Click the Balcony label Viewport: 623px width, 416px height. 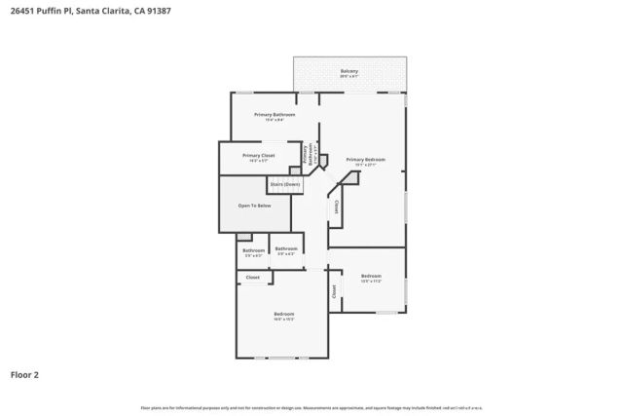(x=348, y=71)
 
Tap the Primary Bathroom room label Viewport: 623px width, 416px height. (x=275, y=115)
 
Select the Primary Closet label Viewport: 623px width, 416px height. (x=258, y=155)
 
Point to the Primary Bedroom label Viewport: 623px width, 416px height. (x=365, y=159)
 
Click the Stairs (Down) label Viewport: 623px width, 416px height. (x=284, y=183)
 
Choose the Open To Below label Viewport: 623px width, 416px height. (x=255, y=206)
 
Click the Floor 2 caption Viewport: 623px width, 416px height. (x=25, y=373)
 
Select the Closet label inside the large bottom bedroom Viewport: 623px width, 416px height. (x=252, y=278)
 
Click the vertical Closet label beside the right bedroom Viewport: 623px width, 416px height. (x=335, y=291)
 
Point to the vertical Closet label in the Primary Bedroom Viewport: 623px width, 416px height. (x=336, y=208)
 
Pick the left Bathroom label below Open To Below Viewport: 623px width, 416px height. (x=253, y=250)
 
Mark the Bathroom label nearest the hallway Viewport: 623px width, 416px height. (x=285, y=248)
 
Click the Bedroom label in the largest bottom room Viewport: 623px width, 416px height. (x=283, y=313)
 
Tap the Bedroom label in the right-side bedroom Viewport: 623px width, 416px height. (x=371, y=276)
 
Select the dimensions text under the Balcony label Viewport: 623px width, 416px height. (x=348, y=77)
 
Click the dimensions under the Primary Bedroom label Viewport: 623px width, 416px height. (x=365, y=165)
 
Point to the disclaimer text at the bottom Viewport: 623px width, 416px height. (x=311, y=406)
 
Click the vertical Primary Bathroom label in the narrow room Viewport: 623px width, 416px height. (x=305, y=156)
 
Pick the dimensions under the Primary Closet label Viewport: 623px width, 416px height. (x=258, y=161)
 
